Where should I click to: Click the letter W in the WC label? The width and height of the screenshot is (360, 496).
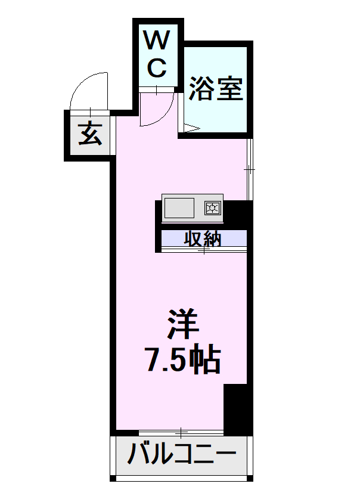(x=157, y=41)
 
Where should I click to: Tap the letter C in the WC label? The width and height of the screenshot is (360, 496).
(x=157, y=68)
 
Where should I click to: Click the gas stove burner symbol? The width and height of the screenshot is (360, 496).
(x=213, y=208)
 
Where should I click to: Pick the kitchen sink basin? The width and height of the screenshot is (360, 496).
(x=179, y=208)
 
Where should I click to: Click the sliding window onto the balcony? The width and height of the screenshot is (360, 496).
(x=181, y=431)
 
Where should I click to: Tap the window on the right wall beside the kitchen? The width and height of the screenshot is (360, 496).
(x=250, y=169)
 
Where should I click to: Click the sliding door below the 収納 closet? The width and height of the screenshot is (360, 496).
(x=204, y=251)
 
